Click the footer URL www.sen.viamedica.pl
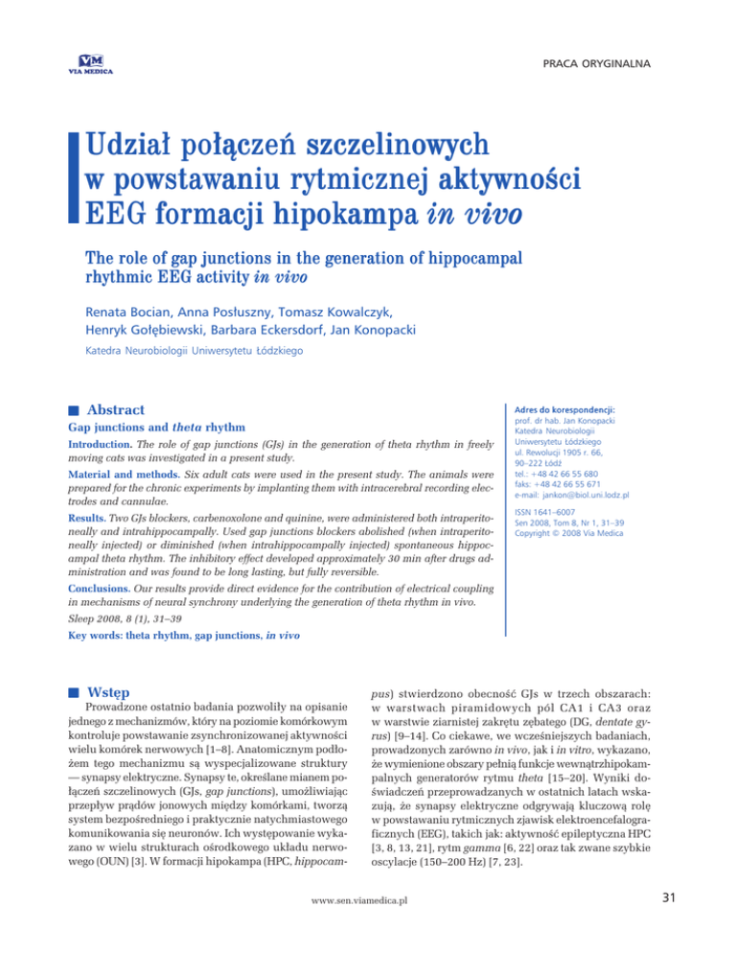point(368,928)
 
